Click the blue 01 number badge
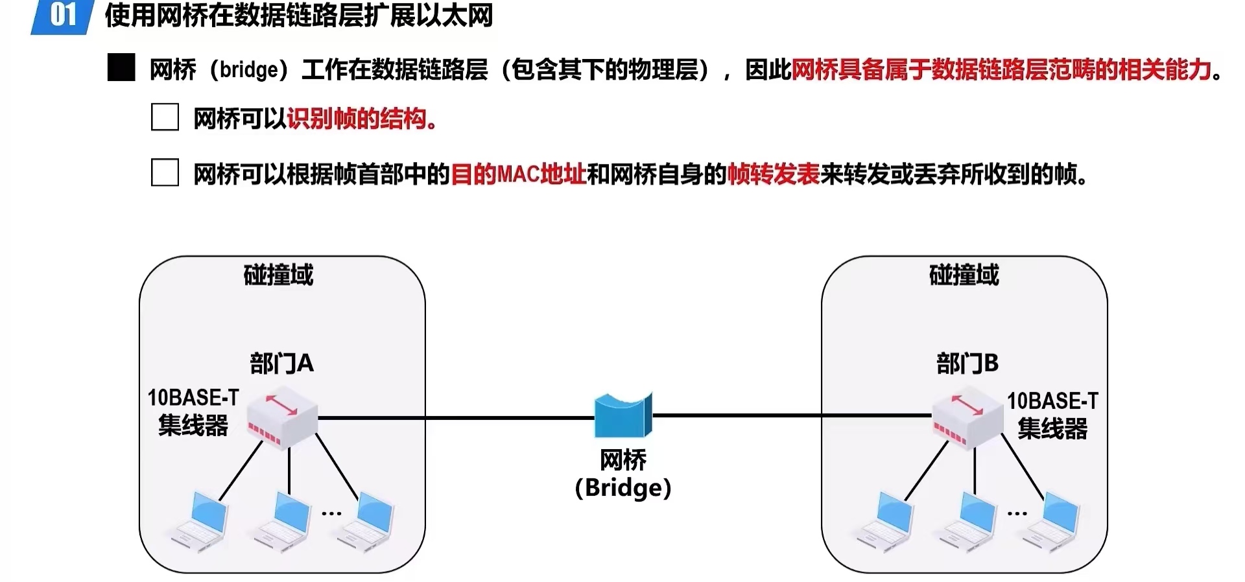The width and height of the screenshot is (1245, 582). pyautogui.click(x=62, y=16)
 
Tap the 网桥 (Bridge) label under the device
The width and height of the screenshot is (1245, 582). pyautogui.click(x=622, y=474)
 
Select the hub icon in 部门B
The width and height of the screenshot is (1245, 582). pyautogui.click(x=967, y=420)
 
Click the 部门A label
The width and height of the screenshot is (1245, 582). pyautogui.click(x=281, y=364)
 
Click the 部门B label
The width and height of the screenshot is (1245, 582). pyautogui.click(x=967, y=364)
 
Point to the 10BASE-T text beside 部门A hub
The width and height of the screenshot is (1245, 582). pyautogui.click(x=193, y=397)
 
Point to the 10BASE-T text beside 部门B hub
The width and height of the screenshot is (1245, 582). pyautogui.click(x=1052, y=401)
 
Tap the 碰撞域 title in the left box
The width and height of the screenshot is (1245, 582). pyautogui.click(x=278, y=275)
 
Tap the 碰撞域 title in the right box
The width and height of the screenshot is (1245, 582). pyautogui.click(x=964, y=275)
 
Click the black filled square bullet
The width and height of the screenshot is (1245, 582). pyautogui.click(x=121, y=68)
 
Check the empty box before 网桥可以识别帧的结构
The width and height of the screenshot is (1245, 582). pyautogui.click(x=165, y=117)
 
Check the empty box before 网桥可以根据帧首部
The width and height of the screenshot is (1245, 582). pyautogui.click(x=165, y=172)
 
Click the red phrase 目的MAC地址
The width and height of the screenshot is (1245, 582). pyautogui.click(x=518, y=174)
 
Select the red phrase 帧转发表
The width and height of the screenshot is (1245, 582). pyautogui.click(x=773, y=174)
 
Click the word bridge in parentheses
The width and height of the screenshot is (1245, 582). pyautogui.click(x=248, y=69)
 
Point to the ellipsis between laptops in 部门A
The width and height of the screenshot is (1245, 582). pyautogui.click(x=331, y=513)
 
